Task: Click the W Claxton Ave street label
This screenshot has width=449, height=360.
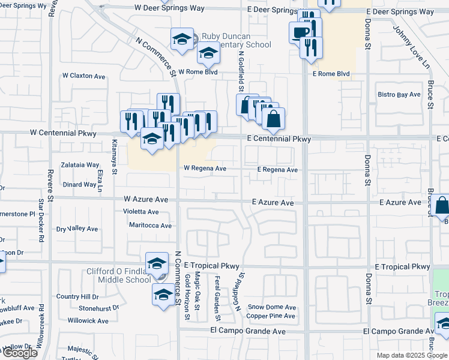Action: pos(83,76)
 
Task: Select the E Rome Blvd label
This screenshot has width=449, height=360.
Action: pos(331,74)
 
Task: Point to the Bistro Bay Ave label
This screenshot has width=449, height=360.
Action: pos(399,95)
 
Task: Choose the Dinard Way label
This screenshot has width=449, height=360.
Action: pos(79,185)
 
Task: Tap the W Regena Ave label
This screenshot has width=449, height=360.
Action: pos(205,169)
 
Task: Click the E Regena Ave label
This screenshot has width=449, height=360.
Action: pos(277,170)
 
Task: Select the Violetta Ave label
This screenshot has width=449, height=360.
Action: pos(142,212)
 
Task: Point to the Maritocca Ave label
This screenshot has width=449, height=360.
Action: pos(150,226)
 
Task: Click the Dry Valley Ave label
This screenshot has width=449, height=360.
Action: pos(77,229)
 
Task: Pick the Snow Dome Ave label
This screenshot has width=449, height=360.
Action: pos(272,307)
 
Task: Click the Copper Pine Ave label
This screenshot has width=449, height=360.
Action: pos(271,316)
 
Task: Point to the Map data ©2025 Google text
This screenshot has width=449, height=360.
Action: pos(411,355)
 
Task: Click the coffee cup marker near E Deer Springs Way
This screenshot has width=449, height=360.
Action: pos(300,33)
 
